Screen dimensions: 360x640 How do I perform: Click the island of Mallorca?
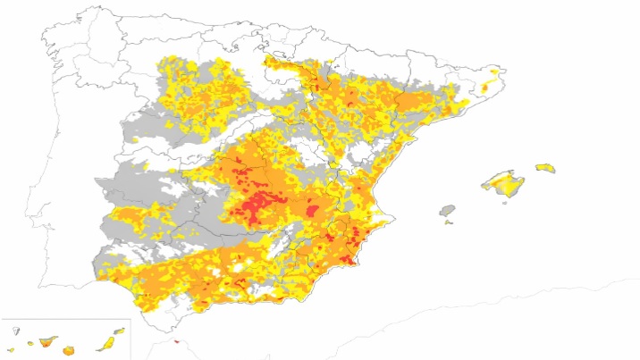[505, 185]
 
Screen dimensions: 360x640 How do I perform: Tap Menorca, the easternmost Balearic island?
[545, 167]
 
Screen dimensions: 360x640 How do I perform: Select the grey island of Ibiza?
[447, 211]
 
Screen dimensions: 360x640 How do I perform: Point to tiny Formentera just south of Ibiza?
[448, 222]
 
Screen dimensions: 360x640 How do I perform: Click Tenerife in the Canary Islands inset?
[46, 341]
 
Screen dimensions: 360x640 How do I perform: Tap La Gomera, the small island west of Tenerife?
[30, 343]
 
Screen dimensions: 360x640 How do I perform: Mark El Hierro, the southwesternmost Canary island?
[11, 349]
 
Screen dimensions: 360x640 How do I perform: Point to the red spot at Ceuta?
[176, 339]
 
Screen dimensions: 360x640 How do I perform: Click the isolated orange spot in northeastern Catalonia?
[485, 88]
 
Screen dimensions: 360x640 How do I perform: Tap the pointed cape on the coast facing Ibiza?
[393, 217]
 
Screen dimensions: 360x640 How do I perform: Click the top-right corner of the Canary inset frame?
[131, 319]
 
